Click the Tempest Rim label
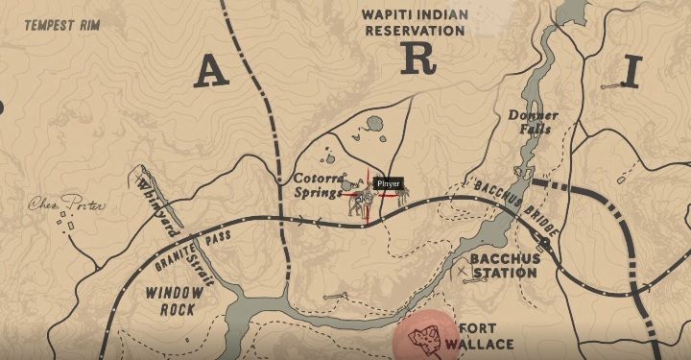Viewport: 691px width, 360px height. (x=60, y=26)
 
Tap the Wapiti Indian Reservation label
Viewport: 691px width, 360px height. (x=413, y=22)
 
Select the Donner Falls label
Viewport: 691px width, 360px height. (x=533, y=123)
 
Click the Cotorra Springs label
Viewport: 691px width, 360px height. (x=318, y=185)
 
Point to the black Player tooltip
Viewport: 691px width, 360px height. (x=388, y=182)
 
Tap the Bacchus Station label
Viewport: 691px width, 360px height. (x=503, y=266)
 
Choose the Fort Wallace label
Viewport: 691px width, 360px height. (x=486, y=335)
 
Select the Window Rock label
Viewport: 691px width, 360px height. (x=169, y=300)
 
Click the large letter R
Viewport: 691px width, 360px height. (x=418, y=59)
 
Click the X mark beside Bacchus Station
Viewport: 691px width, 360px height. (x=465, y=273)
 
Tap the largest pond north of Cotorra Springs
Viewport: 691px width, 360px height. (x=373, y=122)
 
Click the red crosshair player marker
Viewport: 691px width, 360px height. (x=365, y=195)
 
